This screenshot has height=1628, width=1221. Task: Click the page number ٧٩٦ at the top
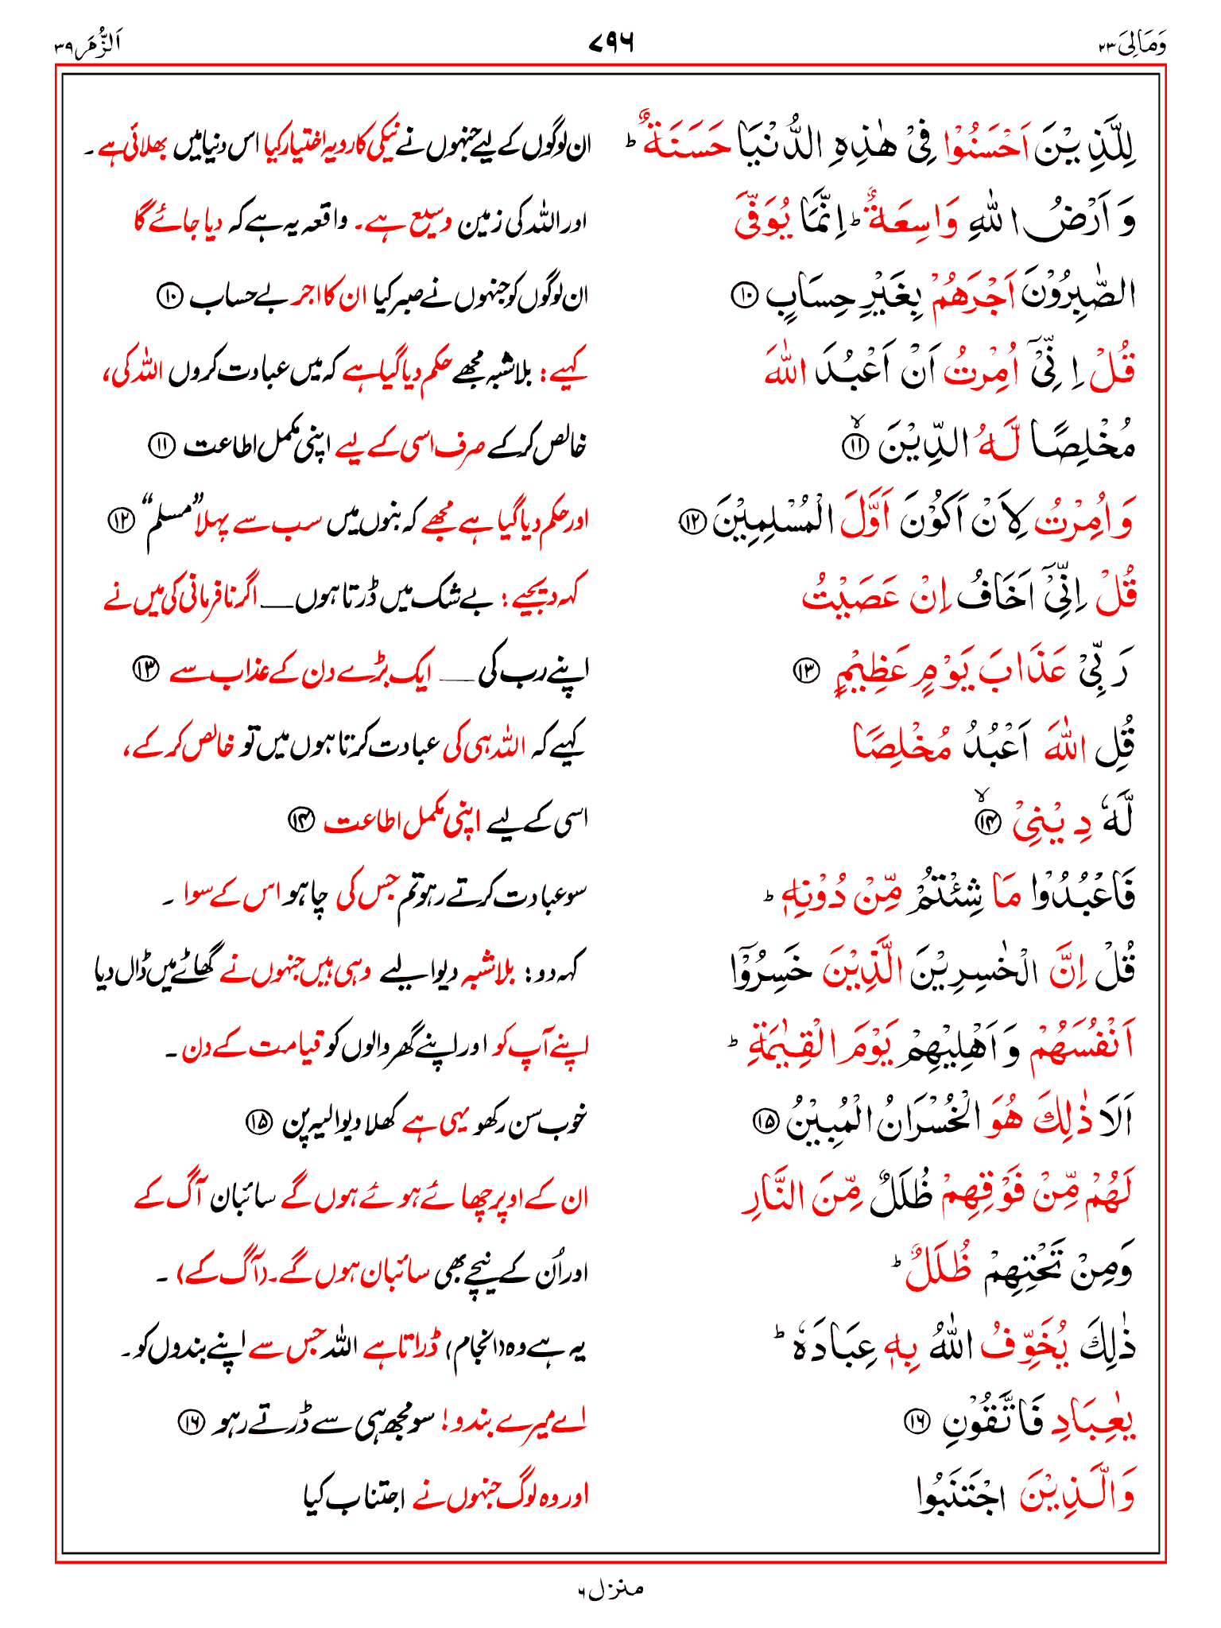[610, 42]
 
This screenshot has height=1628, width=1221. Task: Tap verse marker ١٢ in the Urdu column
[121, 521]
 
